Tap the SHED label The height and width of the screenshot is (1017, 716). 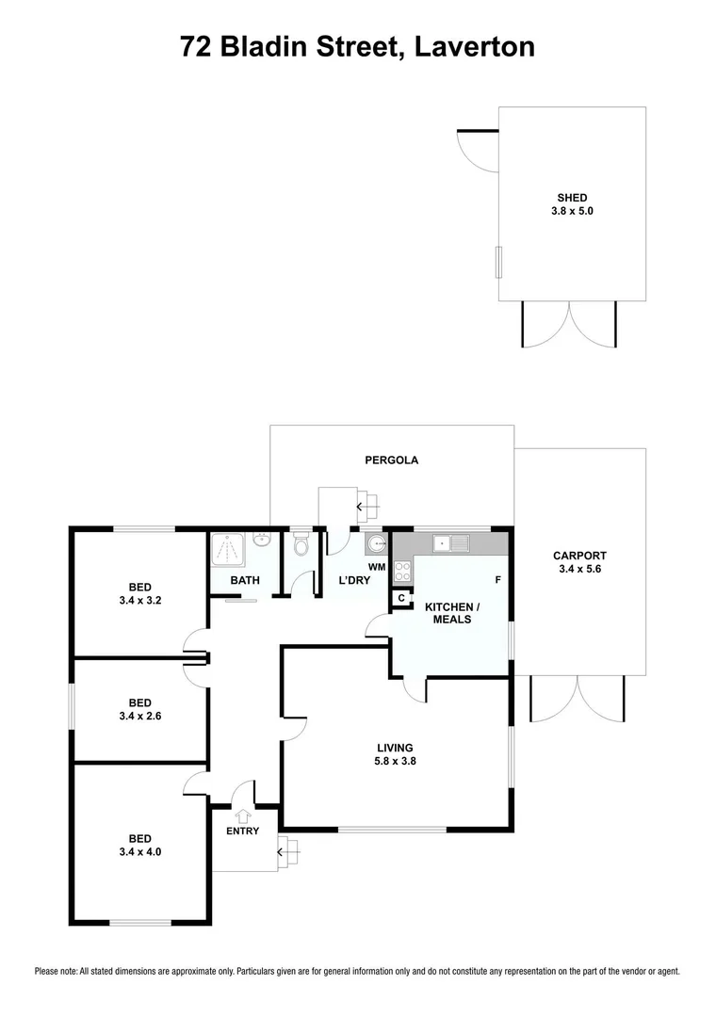572,198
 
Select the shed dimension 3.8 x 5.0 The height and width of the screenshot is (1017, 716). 572,212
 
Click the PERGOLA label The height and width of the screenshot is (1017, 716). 391,460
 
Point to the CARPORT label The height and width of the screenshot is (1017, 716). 579,556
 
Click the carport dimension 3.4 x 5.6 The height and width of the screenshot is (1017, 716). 579,570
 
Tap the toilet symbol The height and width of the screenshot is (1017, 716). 301,545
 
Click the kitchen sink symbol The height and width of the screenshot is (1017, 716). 451,542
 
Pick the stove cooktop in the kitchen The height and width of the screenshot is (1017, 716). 401,570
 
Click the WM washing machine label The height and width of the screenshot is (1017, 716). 377,567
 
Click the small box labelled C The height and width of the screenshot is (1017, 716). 401,598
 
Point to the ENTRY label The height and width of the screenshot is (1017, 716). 242,831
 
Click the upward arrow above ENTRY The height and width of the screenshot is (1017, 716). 242,815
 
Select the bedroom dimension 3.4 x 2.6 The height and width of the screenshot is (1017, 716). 140,717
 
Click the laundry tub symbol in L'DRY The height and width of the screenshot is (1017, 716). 376,543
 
